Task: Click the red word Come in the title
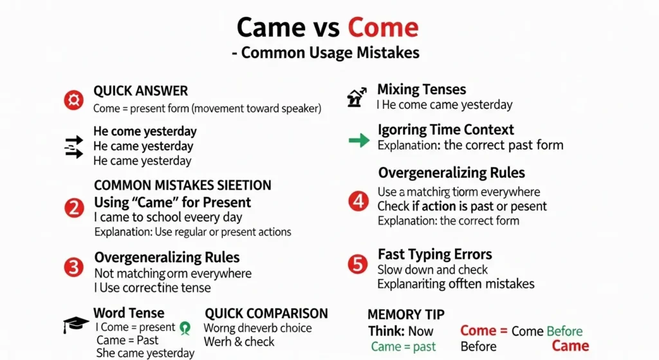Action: (x=383, y=27)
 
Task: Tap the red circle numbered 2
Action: (x=74, y=208)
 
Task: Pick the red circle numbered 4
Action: (x=358, y=202)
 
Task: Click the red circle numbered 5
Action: (x=357, y=265)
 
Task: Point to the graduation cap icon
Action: (x=75, y=325)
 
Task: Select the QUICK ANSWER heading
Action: (x=141, y=91)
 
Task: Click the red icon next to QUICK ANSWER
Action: (x=73, y=100)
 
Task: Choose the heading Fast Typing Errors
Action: (x=434, y=254)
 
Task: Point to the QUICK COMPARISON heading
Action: (x=266, y=313)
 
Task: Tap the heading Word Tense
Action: (x=129, y=313)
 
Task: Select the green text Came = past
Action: (x=404, y=346)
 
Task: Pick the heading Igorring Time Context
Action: (x=446, y=129)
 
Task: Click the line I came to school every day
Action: (x=168, y=217)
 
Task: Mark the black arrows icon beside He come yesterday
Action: (x=75, y=147)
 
